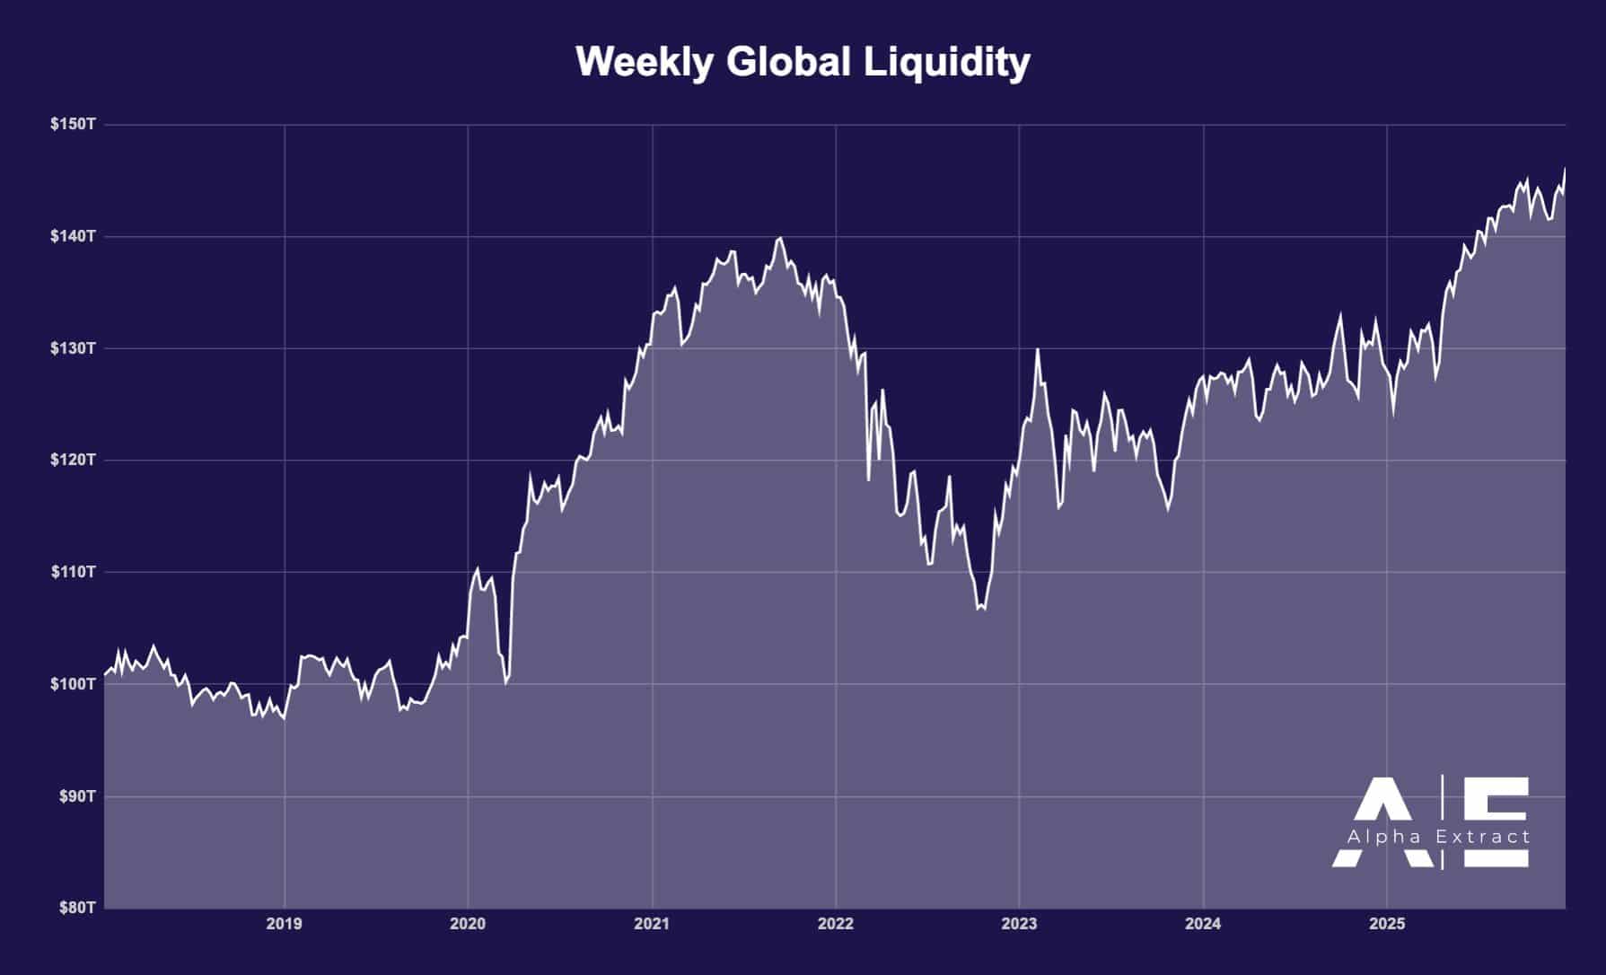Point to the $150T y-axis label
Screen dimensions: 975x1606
(73, 124)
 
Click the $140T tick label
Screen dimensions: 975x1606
(73, 236)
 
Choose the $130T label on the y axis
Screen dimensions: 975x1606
(73, 348)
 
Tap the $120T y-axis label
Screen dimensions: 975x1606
(73, 460)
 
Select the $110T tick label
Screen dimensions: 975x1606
(73, 572)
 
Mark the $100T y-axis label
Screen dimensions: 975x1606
(73, 684)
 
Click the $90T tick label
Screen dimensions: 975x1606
(75, 796)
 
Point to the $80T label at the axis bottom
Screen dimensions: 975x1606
(75, 908)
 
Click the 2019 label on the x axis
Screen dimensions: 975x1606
(284, 924)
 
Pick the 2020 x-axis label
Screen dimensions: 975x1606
(468, 924)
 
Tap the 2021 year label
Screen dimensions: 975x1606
(652, 924)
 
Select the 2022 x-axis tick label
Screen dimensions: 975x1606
(836, 924)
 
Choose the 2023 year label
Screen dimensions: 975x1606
(1019, 924)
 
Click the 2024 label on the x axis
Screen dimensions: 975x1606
(1203, 924)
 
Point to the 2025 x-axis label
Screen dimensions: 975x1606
(1387, 924)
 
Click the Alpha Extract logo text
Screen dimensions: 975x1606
(1438, 837)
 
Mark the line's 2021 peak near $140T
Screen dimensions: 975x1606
(780, 238)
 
